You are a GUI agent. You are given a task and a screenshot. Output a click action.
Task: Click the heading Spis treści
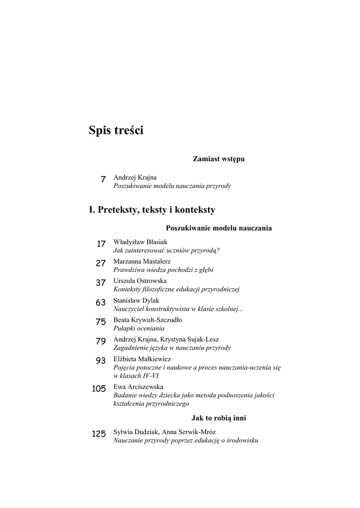(x=116, y=130)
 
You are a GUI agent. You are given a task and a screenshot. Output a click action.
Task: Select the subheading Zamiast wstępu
(x=218, y=159)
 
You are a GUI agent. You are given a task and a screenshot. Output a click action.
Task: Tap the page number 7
(x=103, y=180)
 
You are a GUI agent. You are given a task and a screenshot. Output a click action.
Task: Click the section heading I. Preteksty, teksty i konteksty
(x=152, y=210)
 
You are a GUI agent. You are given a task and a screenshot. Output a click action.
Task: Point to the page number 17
(x=101, y=244)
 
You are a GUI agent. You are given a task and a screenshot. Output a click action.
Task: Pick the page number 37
(x=101, y=283)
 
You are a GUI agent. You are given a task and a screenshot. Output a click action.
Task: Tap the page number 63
(x=101, y=302)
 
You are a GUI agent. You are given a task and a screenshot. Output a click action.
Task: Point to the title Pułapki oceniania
(x=139, y=328)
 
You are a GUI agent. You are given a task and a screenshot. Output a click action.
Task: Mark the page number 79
(x=101, y=341)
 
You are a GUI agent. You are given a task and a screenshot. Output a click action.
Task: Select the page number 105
(x=99, y=388)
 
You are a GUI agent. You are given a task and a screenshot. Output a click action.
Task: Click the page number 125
(x=99, y=434)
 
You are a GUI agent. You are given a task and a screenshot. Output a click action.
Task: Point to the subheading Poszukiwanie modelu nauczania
(x=218, y=228)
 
